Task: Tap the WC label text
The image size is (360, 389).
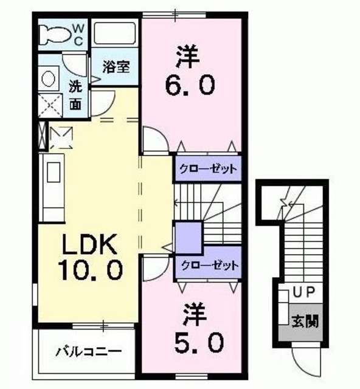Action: point(79,34)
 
